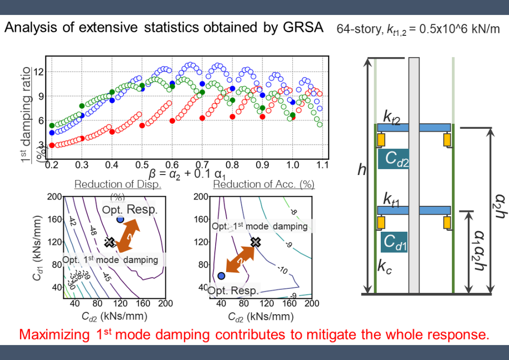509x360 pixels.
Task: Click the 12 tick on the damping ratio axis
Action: point(39,72)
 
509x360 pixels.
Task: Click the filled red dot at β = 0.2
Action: point(52,145)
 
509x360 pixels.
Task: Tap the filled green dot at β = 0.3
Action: point(82,106)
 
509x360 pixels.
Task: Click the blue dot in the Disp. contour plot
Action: point(120,219)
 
